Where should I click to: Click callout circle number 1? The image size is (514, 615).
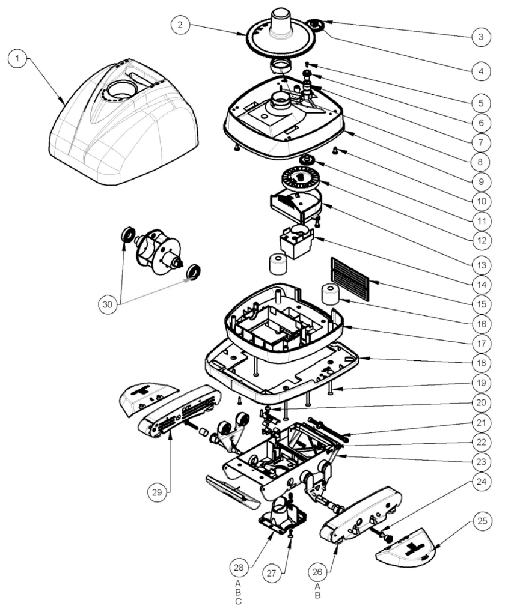click(19, 59)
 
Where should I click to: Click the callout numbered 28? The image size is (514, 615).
click(239, 566)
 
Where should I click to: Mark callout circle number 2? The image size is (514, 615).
click(181, 25)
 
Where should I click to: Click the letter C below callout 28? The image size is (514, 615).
click(239, 601)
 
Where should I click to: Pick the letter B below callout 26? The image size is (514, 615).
click(318, 596)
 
